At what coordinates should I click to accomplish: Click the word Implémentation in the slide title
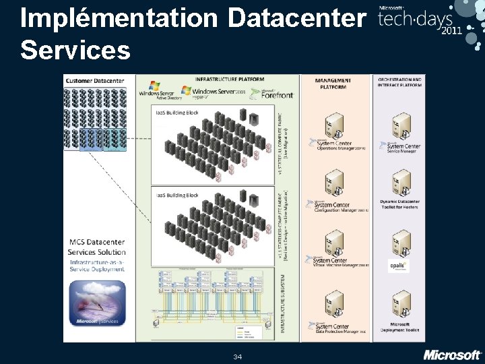click(x=119, y=18)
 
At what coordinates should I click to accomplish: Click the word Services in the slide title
click(x=75, y=49)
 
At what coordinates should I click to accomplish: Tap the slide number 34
click(x=237, y=356)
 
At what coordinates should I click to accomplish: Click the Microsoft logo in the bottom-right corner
click(x=452, y=355)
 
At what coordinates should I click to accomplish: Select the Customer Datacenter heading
click(x=95, y=81)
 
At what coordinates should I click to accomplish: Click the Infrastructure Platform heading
click(x=228, y=79)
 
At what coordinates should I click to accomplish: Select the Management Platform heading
click(x=332, y=84)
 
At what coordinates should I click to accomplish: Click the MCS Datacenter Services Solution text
click(x=96, y=247)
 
